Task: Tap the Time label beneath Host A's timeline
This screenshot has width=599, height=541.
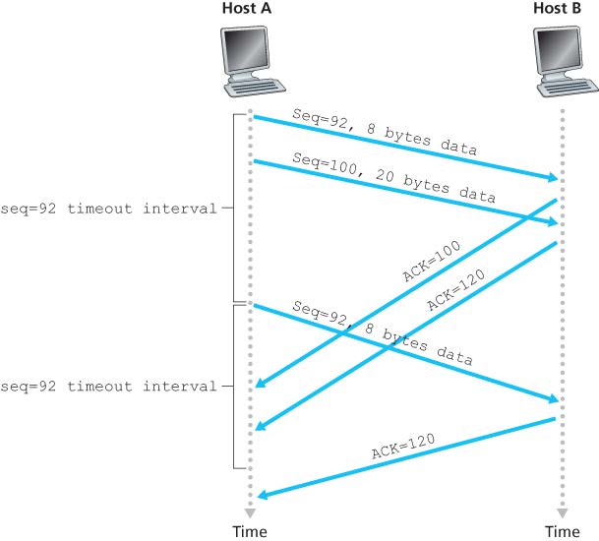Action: coord(249,531)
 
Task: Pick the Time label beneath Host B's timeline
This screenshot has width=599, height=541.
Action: coord(564,531)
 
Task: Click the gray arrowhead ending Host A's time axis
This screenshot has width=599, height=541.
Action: coord(250,512)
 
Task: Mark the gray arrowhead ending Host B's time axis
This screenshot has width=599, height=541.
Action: coord(564,512)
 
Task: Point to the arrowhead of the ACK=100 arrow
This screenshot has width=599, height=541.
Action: coord(258,386)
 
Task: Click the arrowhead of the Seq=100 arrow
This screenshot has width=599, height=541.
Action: coord(554,223)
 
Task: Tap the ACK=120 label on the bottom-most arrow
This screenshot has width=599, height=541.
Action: coord(403,449)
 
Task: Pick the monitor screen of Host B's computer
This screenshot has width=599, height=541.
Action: coord(558,50)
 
